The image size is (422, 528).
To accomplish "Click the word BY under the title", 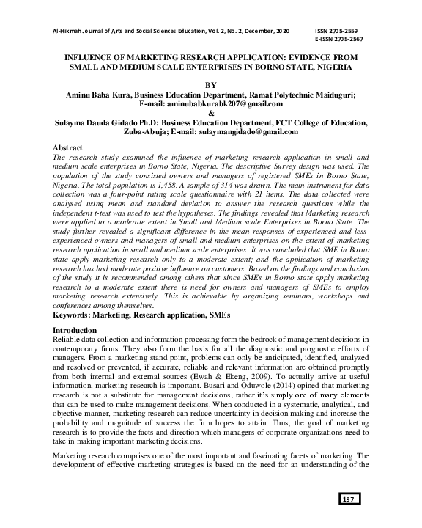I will (x=211, y=85).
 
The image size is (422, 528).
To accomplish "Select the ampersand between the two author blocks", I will (x=211, y=114).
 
